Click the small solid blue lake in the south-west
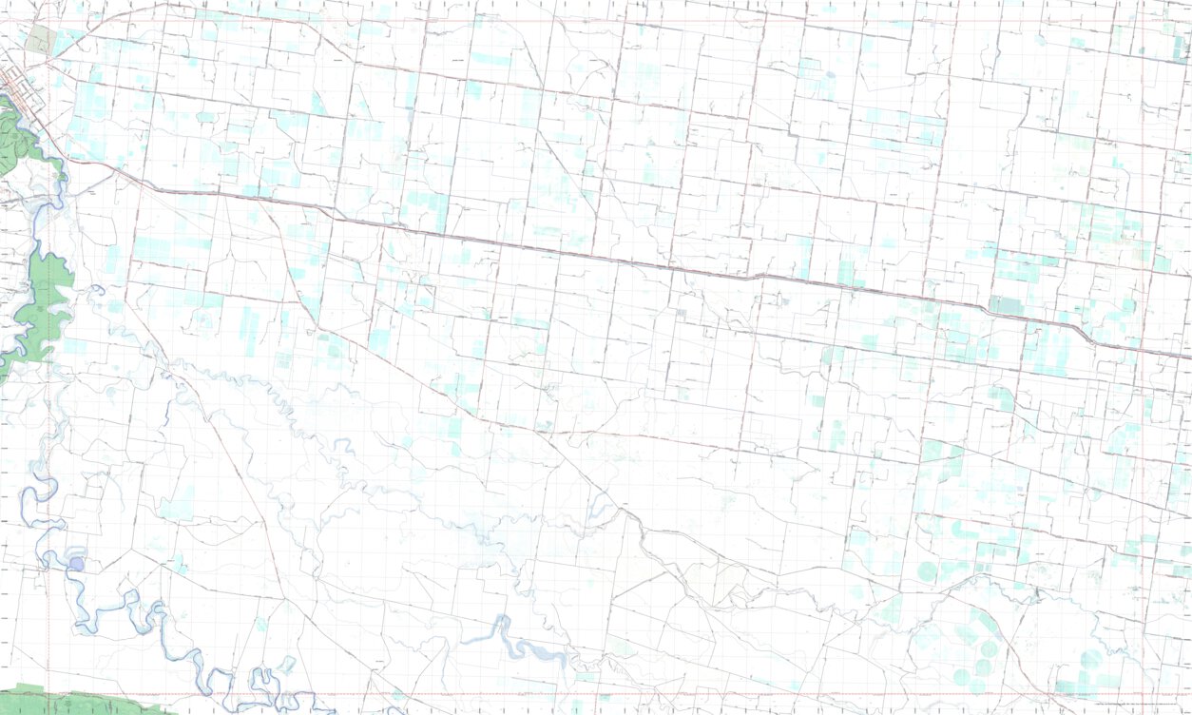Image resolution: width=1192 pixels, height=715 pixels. pyautogui.click(x=76, y=564)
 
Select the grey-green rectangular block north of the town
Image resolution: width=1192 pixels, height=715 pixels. pyautogui.click(x=41, y=39)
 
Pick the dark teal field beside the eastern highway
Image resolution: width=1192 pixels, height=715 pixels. pyautogui.click(x=1006, y=306)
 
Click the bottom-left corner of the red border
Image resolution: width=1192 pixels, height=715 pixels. pyautogui.click(x=48, y=694)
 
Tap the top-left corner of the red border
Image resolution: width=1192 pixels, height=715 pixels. pyautogui.click(x=48, y=21)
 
